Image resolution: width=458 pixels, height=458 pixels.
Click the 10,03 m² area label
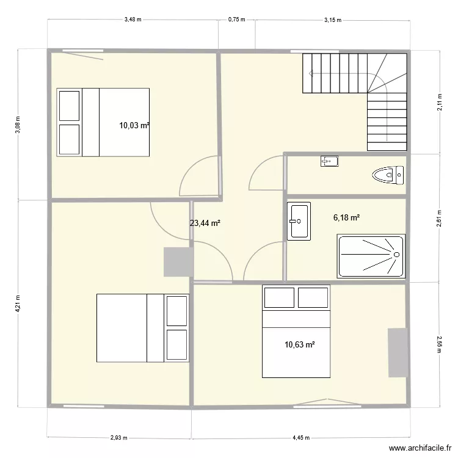coord(134,125)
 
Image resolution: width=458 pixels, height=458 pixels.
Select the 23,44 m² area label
coord(205,224)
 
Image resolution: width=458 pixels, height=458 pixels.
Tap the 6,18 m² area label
coord(346,217)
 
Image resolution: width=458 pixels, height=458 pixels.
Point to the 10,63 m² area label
coord(299,344)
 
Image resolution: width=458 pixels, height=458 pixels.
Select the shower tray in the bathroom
coord(371,255)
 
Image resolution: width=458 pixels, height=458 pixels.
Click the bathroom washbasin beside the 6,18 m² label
coord(299,220)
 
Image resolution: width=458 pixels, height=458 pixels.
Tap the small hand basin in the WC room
coord(329,161)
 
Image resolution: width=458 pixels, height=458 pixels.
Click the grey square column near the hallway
coord(176,262)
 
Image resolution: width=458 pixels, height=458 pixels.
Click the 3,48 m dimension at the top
coord(133,20)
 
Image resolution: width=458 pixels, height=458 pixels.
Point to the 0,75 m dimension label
coord(236,20)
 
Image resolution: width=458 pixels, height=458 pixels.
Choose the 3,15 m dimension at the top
coord(332,20)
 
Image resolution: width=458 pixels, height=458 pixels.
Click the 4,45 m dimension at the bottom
coord(301,437)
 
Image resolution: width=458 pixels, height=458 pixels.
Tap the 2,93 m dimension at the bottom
coord(120,437)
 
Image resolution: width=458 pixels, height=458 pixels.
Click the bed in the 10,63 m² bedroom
coord(296,331)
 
